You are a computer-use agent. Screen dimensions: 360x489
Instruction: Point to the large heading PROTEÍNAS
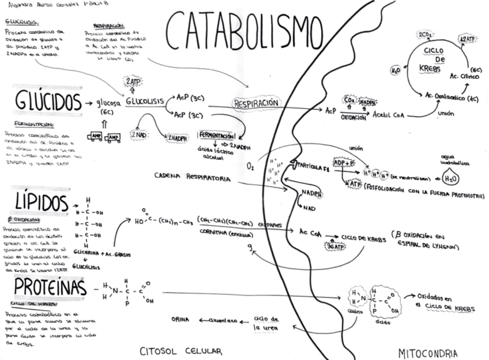click(51, 287)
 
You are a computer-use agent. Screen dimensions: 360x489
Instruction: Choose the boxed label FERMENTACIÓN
click(217, 134)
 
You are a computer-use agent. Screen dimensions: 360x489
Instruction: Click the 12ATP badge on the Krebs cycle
click(468, 40)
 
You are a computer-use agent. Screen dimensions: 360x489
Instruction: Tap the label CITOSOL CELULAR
click(181, 351)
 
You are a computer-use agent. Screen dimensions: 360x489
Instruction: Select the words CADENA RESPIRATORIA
click(193, 177)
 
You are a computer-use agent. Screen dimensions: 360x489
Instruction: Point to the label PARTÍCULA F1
click(314, 166)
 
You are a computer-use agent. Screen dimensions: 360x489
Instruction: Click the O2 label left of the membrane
click(250, 167)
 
